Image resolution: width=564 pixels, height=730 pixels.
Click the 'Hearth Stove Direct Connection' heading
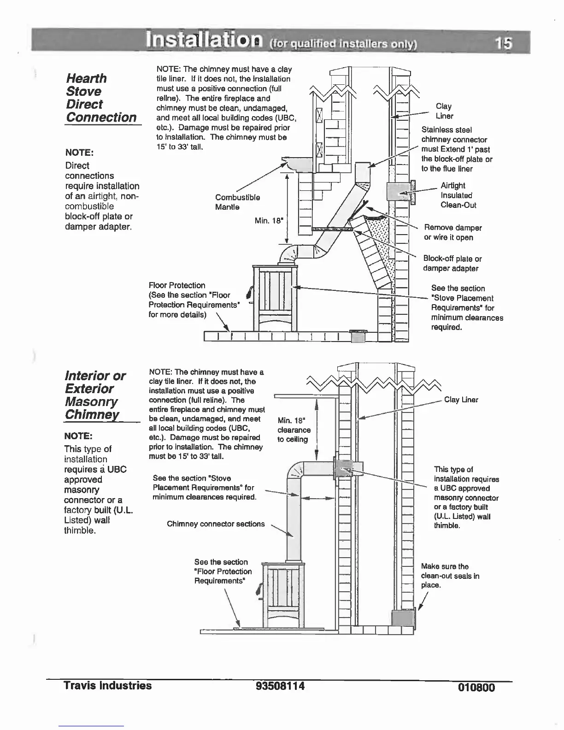101,98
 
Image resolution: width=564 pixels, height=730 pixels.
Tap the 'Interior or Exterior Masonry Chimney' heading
95,395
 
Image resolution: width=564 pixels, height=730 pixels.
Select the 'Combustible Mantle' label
237,202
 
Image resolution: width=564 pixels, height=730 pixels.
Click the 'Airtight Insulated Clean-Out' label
458,195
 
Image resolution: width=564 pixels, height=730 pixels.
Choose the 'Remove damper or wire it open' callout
452,232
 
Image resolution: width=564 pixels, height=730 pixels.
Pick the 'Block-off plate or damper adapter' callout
452,263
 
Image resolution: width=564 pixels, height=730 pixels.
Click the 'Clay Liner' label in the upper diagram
444,111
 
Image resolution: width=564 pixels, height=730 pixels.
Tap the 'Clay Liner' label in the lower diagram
461,400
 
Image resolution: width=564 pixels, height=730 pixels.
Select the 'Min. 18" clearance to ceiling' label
294,430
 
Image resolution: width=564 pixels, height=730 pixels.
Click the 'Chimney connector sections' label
216,524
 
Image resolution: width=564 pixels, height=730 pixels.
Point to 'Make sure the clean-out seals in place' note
450,576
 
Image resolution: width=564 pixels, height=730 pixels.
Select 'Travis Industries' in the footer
108,685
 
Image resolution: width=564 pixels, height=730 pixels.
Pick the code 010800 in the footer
476,688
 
